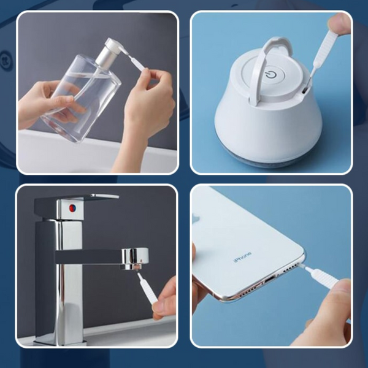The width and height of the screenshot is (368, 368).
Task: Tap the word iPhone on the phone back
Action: (x=242, y=257)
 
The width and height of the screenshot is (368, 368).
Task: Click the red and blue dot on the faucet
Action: (x=72, y=208)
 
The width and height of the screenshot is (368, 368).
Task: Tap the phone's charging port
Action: (x=270, y=280)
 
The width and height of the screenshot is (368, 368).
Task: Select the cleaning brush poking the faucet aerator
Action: (x=147, y=288)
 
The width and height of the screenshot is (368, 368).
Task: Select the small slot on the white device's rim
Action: (x=304, y=90)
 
